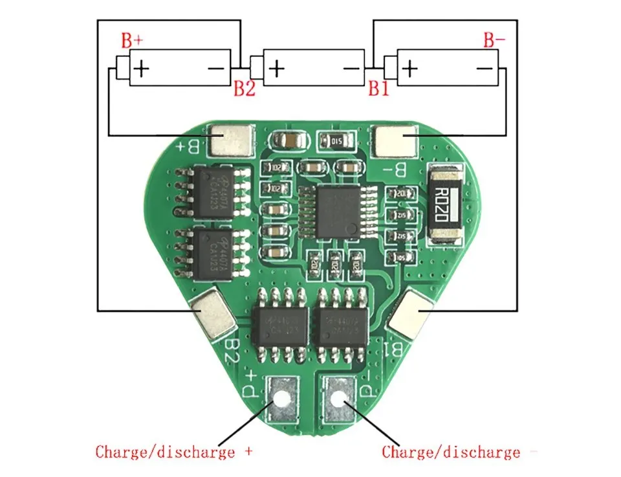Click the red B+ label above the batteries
click(x=132, y=41)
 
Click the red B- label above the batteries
click(x=494, y=41)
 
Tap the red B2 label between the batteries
click(x=245, y=89)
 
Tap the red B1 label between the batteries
click(x=379, y=89)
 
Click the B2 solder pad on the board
click(x=212, y=314)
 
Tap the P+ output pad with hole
click(x=282, y=396)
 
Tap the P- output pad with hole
click(x=338, y=396)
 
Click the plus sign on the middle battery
click(x=276, y=67)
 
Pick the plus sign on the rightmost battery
click(x=410, y=67)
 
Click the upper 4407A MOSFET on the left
click(x=211, y=192)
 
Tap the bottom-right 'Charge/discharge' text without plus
click(x=451, y=452)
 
